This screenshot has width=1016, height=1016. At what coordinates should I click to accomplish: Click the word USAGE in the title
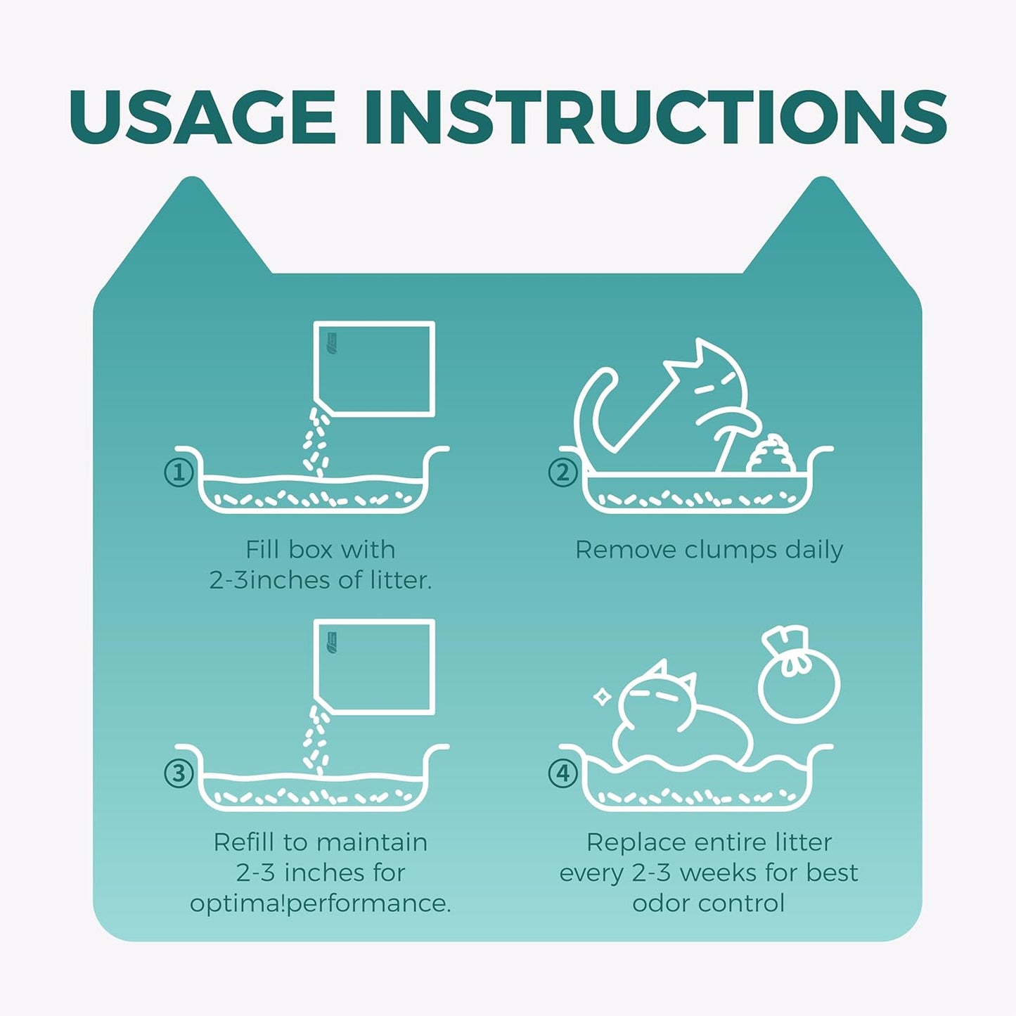click(x=202, y=116)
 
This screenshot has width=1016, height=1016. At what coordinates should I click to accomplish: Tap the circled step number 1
click(x=179, y=472)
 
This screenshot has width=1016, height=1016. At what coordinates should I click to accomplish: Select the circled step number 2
click(x=563, y=472)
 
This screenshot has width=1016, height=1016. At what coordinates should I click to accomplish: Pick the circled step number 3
click(x=179, y=773)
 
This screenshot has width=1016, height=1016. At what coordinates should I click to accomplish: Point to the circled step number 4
click(x=563, y=773)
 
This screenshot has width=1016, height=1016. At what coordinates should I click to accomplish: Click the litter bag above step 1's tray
click(x=374, y=368)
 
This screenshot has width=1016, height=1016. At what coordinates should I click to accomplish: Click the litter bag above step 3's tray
click(x=374, y=667)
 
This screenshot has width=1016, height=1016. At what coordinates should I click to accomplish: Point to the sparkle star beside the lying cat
click(x=603, y=697)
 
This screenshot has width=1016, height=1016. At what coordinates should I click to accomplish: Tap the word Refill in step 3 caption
click(x=245, y=842)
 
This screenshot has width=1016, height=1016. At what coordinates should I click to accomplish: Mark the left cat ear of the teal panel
click(x=192, y=232)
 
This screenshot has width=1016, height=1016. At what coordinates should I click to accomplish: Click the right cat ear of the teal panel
click(x=823, y=232)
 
